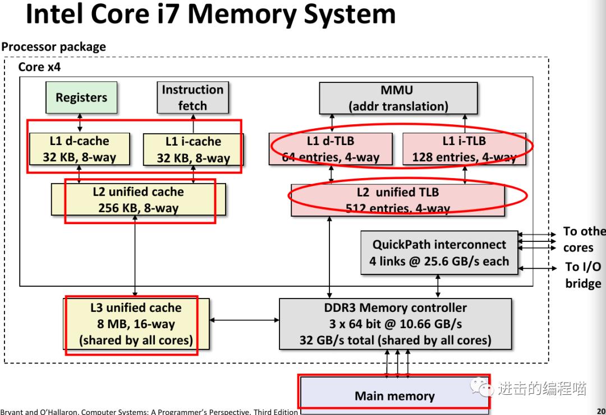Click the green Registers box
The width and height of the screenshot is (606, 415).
point(81,97)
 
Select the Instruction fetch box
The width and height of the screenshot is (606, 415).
point(192,97)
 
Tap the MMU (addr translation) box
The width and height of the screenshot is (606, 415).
point(398,98)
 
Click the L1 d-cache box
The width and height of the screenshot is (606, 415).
point(79,149)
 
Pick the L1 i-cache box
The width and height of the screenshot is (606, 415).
point(193,150)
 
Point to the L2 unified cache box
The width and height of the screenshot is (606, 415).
point(138,200)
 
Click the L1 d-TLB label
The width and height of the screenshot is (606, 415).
point(330,141)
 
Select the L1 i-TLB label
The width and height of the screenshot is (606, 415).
point(464,141)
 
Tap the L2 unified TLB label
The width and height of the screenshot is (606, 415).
point(398,192)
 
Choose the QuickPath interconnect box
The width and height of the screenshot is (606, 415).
point(439,253)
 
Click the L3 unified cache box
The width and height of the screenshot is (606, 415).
point(136,324)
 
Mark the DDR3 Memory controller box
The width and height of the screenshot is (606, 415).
point(395,324)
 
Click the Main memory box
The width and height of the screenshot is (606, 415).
point(394,395)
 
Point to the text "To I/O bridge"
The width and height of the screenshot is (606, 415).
point(583,275)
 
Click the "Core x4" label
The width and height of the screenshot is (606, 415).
point(39,67)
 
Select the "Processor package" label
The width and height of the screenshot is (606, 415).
point(53,46)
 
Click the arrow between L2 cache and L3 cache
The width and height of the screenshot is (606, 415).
point(135,258)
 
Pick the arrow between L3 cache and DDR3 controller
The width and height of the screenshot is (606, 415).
point(244,320)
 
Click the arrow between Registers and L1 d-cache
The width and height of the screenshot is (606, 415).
point(80,123)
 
